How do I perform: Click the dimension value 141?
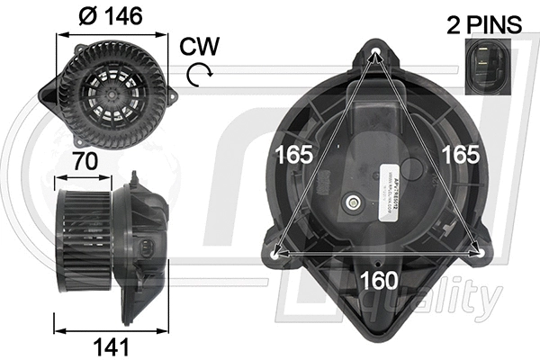point(112,346)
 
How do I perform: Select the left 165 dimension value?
point(294,154)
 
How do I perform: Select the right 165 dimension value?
point(460,154)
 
